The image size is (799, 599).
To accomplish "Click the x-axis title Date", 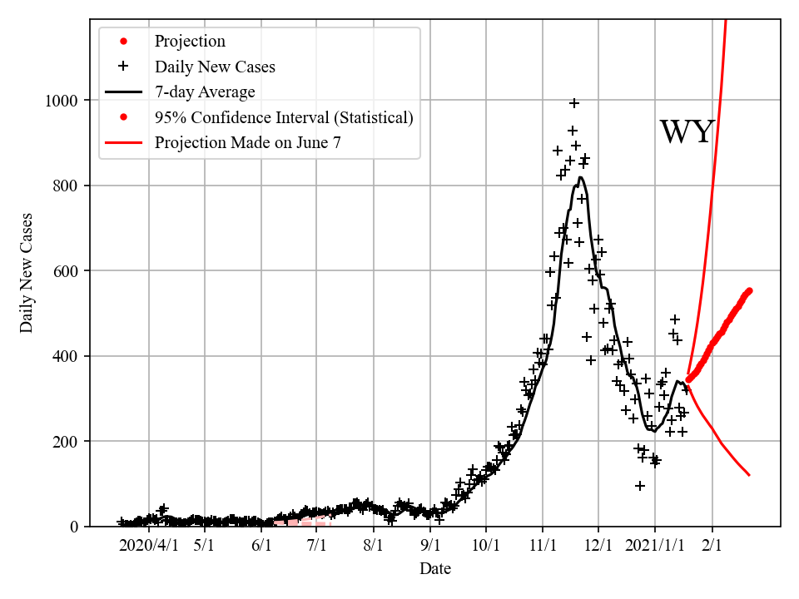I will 435,569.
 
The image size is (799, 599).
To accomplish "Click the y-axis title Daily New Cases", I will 27,272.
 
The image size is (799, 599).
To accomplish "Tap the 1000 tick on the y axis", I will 61,101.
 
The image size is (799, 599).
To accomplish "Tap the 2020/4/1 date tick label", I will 148,546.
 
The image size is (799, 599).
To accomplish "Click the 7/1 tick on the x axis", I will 317,546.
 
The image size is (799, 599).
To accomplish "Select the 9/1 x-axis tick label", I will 430,546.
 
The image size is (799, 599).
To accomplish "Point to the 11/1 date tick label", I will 542,546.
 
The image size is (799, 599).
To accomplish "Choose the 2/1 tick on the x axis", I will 712,546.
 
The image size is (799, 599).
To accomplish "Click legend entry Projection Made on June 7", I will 247,143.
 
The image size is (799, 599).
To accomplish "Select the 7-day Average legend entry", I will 205,92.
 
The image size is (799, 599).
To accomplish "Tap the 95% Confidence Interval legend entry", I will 283,117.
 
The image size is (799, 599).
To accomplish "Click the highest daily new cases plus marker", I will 574,103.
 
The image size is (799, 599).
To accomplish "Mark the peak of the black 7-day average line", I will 580,177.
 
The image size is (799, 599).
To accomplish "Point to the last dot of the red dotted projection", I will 749,290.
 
